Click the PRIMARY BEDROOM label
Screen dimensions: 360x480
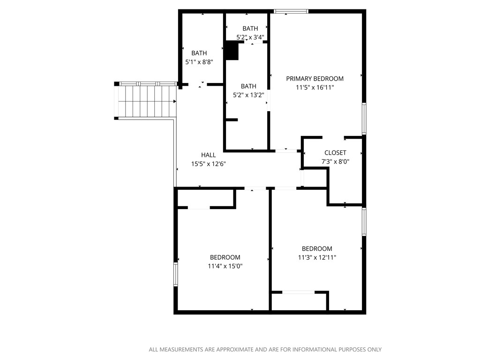point(315,79)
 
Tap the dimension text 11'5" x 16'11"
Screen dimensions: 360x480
point(315,87)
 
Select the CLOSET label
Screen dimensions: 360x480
point(335,153)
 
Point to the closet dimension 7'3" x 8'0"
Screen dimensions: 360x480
point(335,161)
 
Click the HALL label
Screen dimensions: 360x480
point(209,155)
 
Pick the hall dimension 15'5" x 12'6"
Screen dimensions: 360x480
point(209,164)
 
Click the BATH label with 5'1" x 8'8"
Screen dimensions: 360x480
point(199,53)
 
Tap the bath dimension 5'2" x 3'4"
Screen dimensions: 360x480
point(250,37)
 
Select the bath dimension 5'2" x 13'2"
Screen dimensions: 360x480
point(248,95)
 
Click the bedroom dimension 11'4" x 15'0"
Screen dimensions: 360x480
point(225,266)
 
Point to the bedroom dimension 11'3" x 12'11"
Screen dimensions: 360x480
point(317,257)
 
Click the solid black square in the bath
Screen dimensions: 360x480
point(232,51)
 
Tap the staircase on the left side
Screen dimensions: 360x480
point(146,101)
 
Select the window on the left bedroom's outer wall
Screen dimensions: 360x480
point(176,274)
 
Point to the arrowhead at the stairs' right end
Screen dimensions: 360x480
point(175,101)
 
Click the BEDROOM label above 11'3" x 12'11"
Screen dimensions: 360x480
point(317,249)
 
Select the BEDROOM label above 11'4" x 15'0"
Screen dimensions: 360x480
point(225,257)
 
